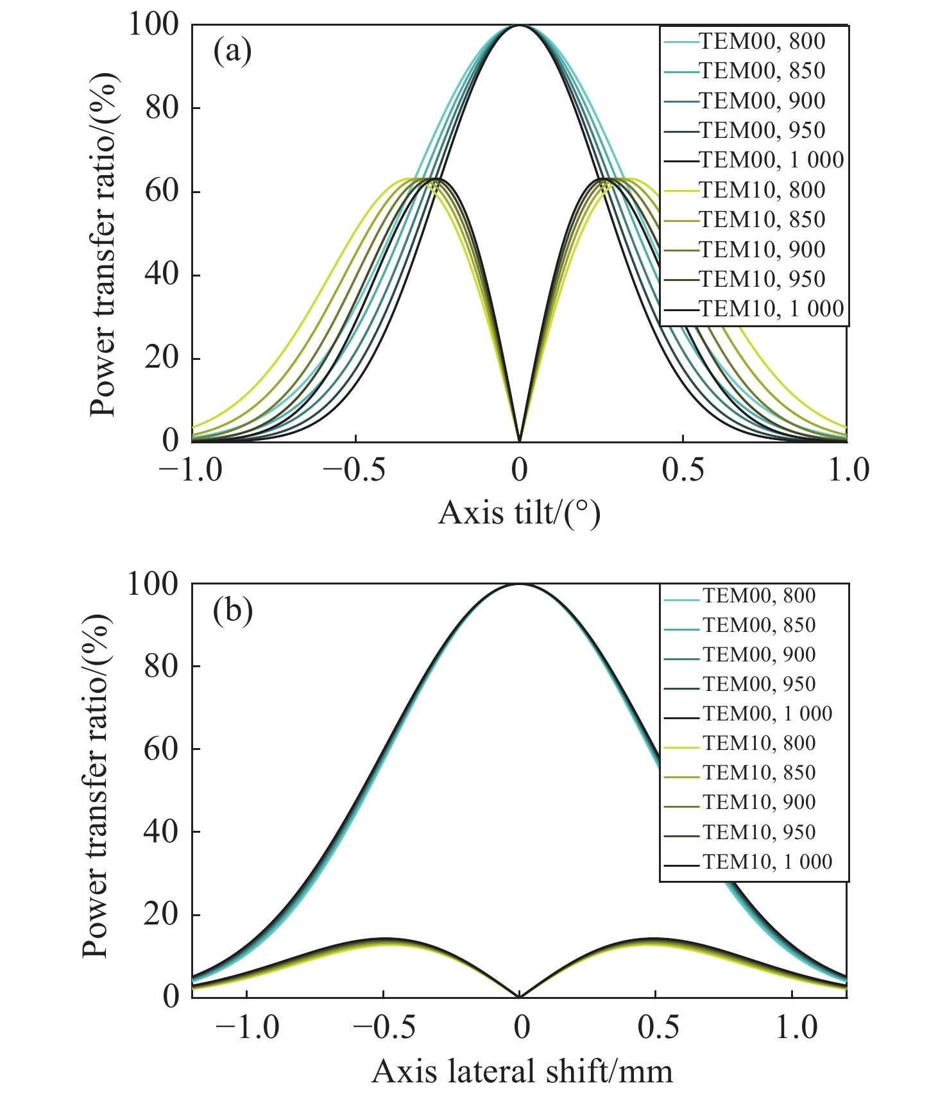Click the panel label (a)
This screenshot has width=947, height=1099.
click(x=232, y=51)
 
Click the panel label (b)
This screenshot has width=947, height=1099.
click(x=232, y=611)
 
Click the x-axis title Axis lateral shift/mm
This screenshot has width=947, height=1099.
click(x=522, y=1071)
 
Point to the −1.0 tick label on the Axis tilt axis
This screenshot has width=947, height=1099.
click(x=190, y=470)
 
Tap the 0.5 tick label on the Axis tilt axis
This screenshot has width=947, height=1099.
click(x=683, y=470)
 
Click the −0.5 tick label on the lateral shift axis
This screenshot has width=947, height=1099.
click(x=384, y=1028)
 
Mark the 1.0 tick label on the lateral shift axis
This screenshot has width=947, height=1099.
click(x=792, y=1028)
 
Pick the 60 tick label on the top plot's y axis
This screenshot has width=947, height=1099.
click(x=162, y=191)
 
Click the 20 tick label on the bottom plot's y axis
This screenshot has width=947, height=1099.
click(x=162, y=914)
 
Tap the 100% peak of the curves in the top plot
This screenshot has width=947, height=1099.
click(x=520, y=26)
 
